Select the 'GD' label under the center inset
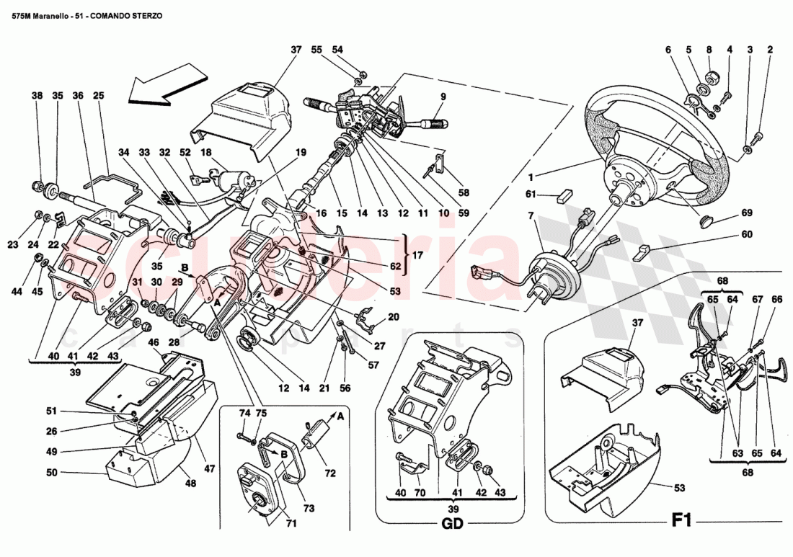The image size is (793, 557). [x=453, y=524]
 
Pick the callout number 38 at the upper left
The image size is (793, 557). [x=37, y=95]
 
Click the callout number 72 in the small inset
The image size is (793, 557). [x=330, y=475]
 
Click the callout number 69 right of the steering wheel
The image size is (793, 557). [x=747, y=214]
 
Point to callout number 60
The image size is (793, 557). [x=747, y=234]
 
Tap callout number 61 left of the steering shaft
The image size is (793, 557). [x=531, y=194]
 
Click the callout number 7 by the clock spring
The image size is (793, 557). [x=531, y=216]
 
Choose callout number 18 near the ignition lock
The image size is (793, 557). [x=205, y=153]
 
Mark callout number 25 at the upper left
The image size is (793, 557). [x=99, y=95]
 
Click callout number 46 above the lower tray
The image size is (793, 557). [x=153, y=343]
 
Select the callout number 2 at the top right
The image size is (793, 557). [x=770, y=50]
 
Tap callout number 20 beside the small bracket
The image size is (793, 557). [x=393, y=316]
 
